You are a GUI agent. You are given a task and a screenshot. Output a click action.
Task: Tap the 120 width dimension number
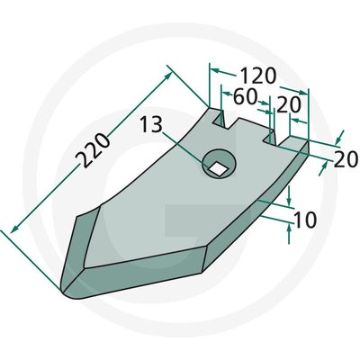tap(258, 75)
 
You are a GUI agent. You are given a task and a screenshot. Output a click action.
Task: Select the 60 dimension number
tap(246, 95)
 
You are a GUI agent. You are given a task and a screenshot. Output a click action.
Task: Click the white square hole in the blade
tap(216, 165)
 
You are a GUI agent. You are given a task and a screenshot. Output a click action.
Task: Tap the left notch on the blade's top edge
tap(218, 116)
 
